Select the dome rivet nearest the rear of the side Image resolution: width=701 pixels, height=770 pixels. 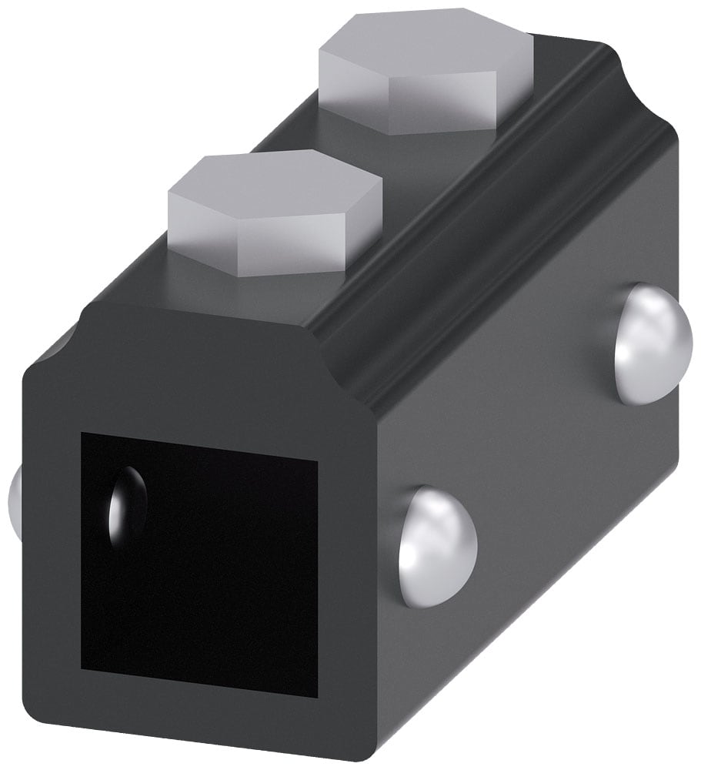click(653, 343)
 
